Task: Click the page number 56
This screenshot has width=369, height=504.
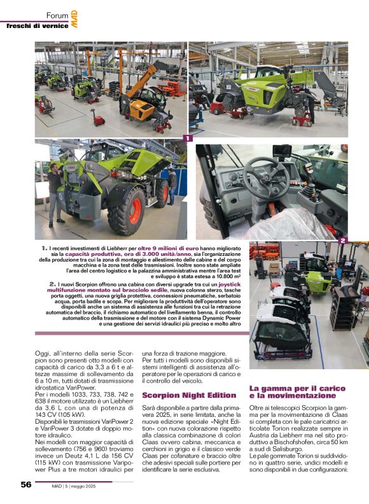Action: [25, 484]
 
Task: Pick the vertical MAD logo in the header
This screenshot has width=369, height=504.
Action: [74, 18]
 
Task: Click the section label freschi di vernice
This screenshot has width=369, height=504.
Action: [34, 25]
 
